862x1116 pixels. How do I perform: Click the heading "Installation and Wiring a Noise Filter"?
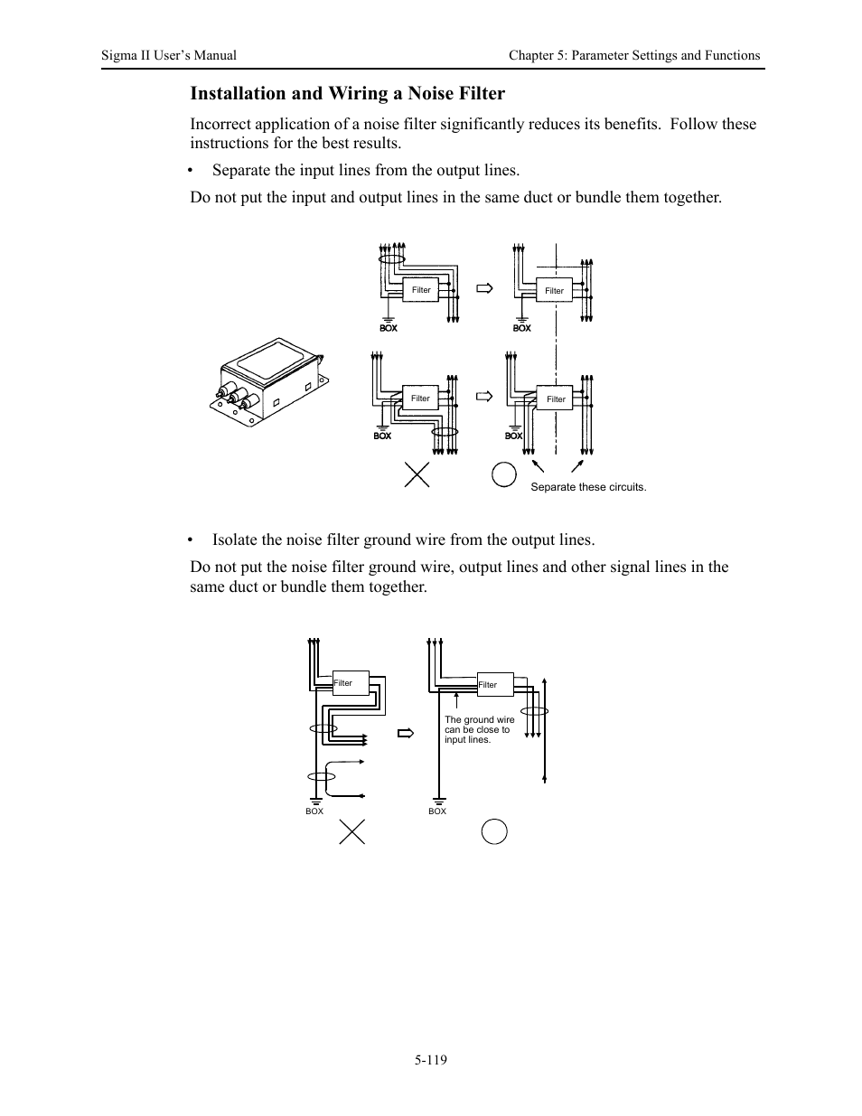347,93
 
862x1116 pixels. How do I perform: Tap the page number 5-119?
431,1059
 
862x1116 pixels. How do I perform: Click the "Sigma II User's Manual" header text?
169,55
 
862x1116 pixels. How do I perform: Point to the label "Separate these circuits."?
588,487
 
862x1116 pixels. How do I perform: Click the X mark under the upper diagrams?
417,474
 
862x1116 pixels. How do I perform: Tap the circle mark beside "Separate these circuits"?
503,474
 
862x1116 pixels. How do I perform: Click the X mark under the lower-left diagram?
351,830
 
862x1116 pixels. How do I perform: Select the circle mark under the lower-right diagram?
494,830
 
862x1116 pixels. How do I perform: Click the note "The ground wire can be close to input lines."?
479,730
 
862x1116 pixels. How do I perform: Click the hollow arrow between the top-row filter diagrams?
485,289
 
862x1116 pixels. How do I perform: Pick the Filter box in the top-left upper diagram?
422,290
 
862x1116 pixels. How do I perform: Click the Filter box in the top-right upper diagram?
554,291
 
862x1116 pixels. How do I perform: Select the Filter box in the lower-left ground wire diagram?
351,683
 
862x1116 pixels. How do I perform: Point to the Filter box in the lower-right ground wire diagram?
494,685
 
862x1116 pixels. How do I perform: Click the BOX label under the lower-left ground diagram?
314,811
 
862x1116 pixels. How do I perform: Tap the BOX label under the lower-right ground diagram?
437,811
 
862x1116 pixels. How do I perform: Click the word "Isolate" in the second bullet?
234,540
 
